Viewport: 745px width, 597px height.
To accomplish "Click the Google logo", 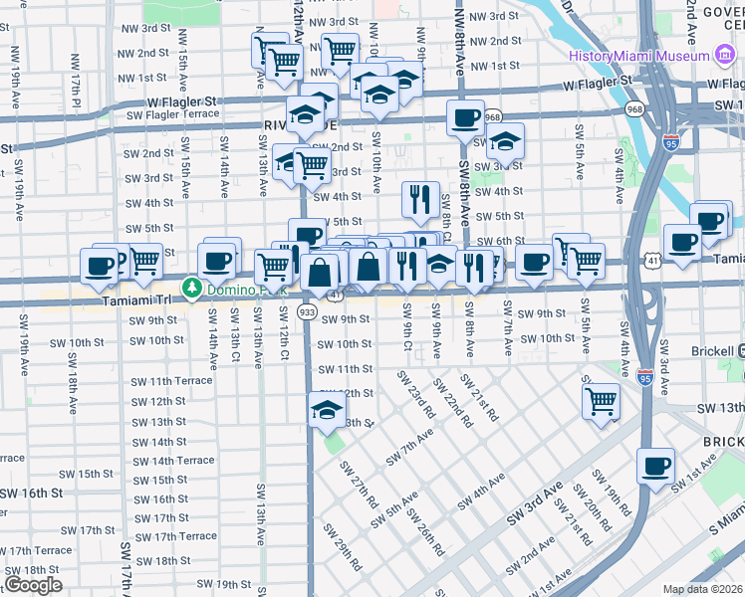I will coord(33,585).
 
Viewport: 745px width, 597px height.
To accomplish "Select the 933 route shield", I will coord(308,312).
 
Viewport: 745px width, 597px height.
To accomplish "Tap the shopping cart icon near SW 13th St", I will coord(602,401).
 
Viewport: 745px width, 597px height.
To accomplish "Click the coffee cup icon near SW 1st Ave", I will coord(655,466).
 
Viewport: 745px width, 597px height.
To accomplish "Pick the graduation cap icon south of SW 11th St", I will coord(327,409).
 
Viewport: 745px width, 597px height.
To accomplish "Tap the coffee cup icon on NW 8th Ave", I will coord(465,117).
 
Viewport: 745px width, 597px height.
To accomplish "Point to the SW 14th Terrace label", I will coord(174,461).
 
